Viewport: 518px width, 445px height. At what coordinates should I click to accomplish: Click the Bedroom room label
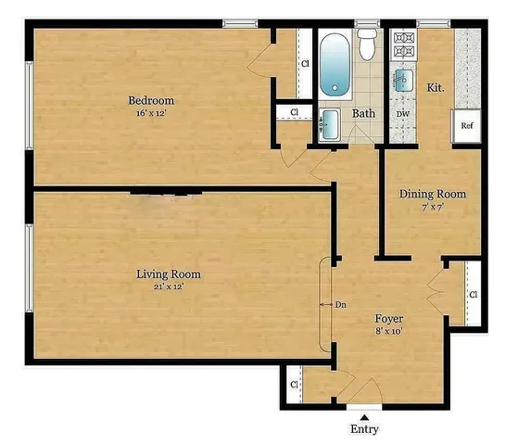pos(151,100)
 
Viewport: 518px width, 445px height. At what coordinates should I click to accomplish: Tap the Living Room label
pos(169,274)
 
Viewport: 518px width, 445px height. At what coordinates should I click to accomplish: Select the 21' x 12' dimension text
pos(169,287)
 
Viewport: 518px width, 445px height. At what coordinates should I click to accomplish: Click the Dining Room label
pos(432,195)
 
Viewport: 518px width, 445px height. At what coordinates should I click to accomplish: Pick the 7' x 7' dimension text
pos(432,208)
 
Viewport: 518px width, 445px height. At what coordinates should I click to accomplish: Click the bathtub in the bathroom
pos(335,65)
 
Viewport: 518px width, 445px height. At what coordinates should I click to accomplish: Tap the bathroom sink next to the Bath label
pos(330,121)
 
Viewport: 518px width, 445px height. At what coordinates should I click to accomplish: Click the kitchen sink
pos(403,80)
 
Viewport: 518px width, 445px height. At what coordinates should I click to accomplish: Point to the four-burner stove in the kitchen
pos(404,42)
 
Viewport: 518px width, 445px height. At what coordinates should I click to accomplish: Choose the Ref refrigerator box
pos(468,125)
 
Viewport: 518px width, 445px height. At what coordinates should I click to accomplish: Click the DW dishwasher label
pos(403,114)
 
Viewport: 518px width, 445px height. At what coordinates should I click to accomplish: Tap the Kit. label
pos(435,86)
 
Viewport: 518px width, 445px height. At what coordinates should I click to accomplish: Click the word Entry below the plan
pos(363,429)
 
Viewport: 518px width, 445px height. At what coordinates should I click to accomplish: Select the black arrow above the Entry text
pos(363,413)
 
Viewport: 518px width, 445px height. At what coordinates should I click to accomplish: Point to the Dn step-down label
pos(340,303)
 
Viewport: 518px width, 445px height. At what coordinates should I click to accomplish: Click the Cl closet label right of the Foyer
pos(473,295)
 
